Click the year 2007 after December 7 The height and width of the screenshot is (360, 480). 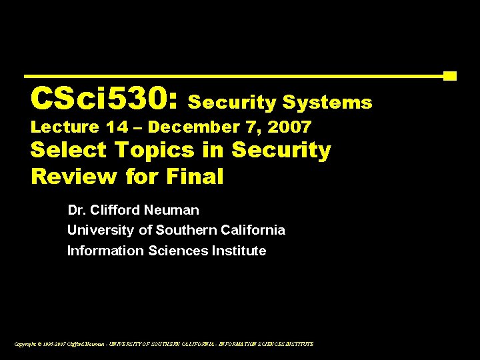click(289, 127)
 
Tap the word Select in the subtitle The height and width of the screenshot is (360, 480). click(69, 150)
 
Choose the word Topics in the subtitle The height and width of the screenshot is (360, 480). click(147, 151)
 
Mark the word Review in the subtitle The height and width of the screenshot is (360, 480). click(75, 177)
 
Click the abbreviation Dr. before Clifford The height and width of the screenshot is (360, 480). click(77, 211)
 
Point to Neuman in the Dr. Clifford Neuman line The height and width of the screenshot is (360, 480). click(175, 211)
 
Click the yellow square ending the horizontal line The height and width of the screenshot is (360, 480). click(450, 76)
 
